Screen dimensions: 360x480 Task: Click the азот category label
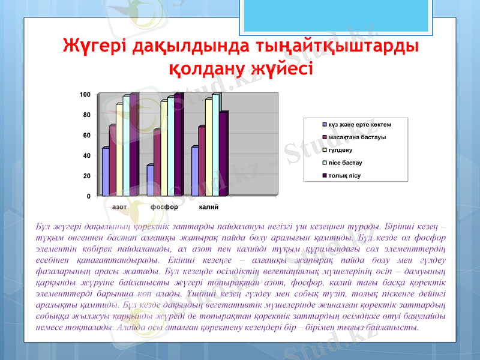pos(119,206)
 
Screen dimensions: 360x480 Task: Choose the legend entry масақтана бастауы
pos(356,137)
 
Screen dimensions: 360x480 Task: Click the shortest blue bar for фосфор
pos(150,181)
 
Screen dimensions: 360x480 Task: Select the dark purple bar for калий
pos(223,154)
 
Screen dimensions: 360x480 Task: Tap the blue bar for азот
pos(106,172)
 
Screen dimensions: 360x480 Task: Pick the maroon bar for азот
pos(112,161)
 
